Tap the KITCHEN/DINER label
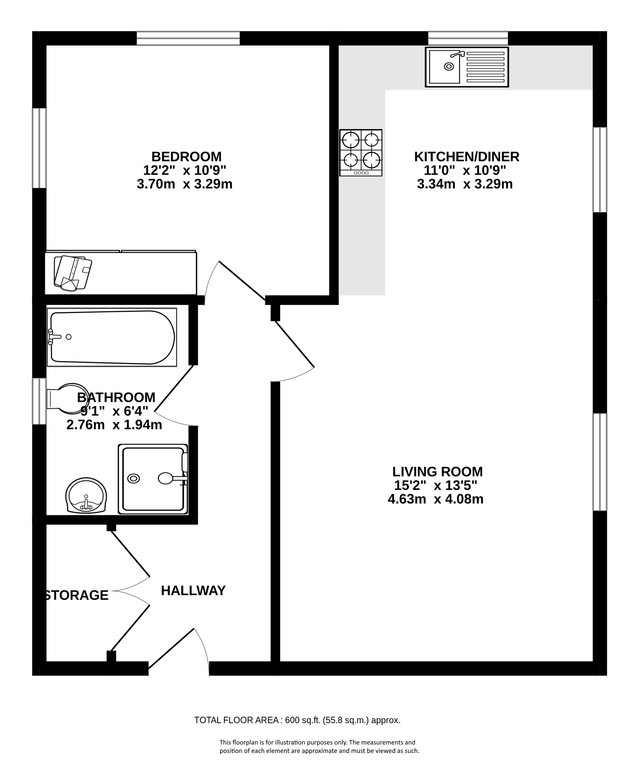pos(467,157)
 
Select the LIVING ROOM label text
pos(437,472)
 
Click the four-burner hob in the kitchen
pos(361,152)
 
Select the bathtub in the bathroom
pos(112,337)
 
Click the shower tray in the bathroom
pos(153,479)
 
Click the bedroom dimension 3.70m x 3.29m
pos(185,184)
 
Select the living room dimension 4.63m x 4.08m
pos(436,499)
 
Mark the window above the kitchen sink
pos(468,38)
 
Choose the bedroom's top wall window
pos(188,38)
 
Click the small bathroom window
pos(39,401)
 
